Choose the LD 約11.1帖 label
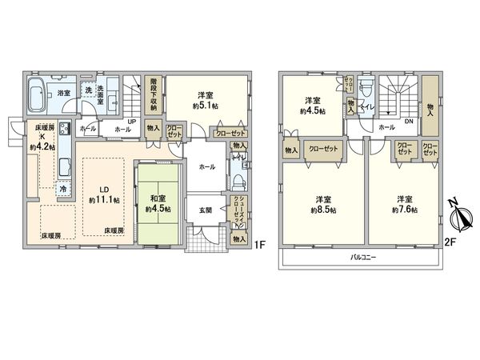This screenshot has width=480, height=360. point(103,194)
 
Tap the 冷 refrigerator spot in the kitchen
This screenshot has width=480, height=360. point(63,189)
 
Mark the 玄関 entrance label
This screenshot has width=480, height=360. point(206,210)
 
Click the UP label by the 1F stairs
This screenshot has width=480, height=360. point(130,122)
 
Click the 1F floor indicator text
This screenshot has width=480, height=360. point(260,244)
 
